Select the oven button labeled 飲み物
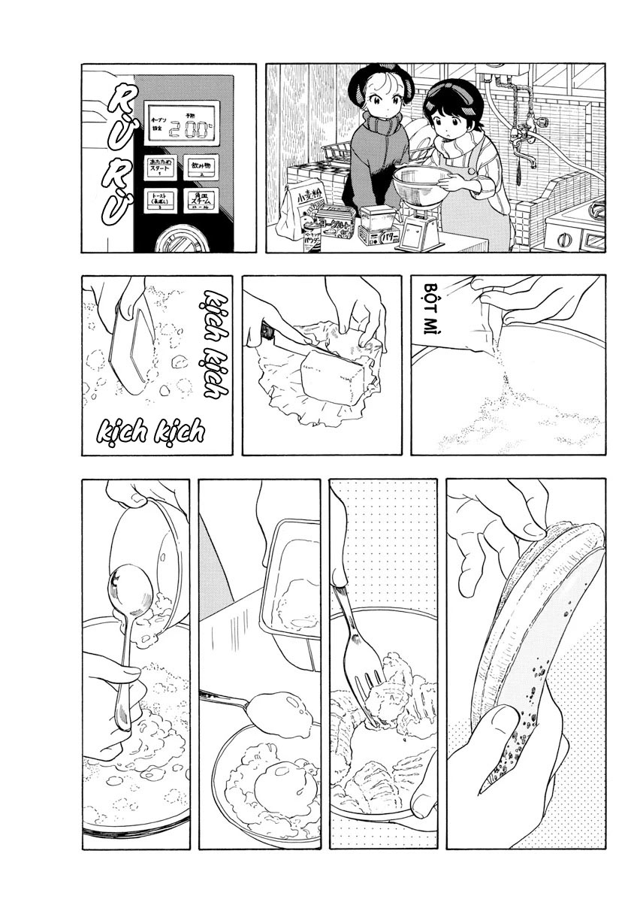[201, 168]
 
